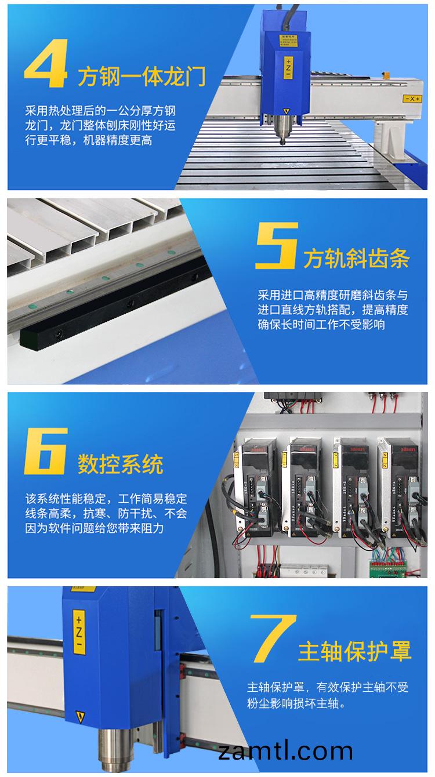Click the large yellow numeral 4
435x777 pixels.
coord(46,66)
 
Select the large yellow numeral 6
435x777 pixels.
coord(46,453)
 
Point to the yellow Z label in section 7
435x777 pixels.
coord(79,632)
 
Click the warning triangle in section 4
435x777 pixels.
coord(285,110)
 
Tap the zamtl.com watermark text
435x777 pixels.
coord(286,751)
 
